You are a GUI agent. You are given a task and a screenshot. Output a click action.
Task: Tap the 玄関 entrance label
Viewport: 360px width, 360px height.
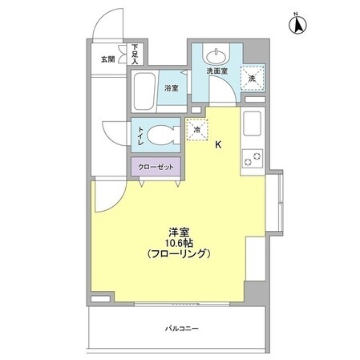[107, 59]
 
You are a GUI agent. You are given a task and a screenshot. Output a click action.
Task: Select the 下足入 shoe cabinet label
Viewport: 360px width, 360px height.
[136, 55]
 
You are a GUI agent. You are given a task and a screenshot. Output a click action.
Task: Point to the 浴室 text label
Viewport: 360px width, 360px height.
[172, 88]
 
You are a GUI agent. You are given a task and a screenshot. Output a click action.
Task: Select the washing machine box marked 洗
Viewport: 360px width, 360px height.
[253, 78]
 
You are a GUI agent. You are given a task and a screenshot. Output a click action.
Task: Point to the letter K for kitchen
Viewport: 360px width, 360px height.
[218, 144]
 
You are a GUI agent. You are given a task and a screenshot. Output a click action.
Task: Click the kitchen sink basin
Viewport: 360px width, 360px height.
[252, 125]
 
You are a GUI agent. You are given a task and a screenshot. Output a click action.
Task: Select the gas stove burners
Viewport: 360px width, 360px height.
[252, 158]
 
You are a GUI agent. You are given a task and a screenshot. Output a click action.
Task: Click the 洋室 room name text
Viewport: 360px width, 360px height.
[178, 229]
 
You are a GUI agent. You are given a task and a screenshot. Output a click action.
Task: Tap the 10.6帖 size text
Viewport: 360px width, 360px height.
[178, 241]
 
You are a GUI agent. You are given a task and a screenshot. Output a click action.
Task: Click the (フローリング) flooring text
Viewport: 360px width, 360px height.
[178, 253]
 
